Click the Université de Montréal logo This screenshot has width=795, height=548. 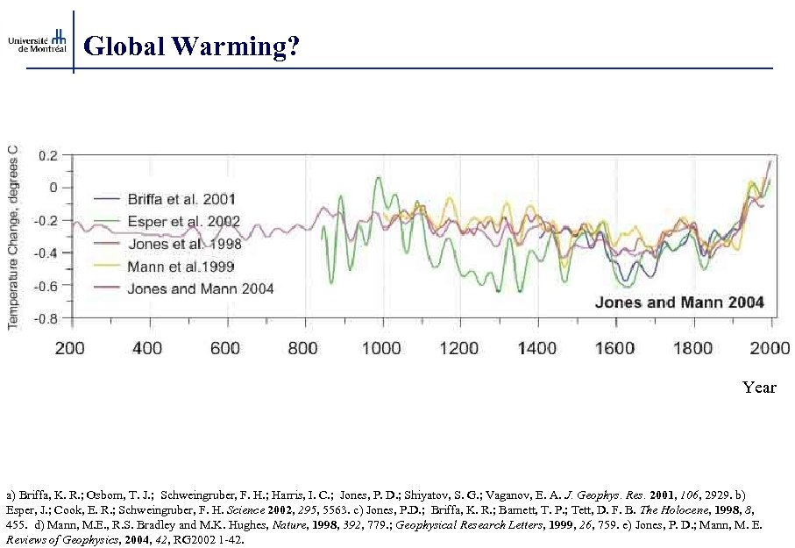[37, 40]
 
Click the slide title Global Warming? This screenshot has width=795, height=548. [192, 46]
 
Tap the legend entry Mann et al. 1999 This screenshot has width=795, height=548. [181, 266]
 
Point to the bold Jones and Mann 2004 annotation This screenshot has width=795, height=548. [679, 302]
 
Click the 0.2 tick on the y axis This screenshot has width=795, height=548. [47, 155]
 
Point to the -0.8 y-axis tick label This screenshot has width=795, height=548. [45, 319]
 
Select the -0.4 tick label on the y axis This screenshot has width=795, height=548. [45, 253]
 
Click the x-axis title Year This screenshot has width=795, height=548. [759, 387]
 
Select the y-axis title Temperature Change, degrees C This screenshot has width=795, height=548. [14, 237]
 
